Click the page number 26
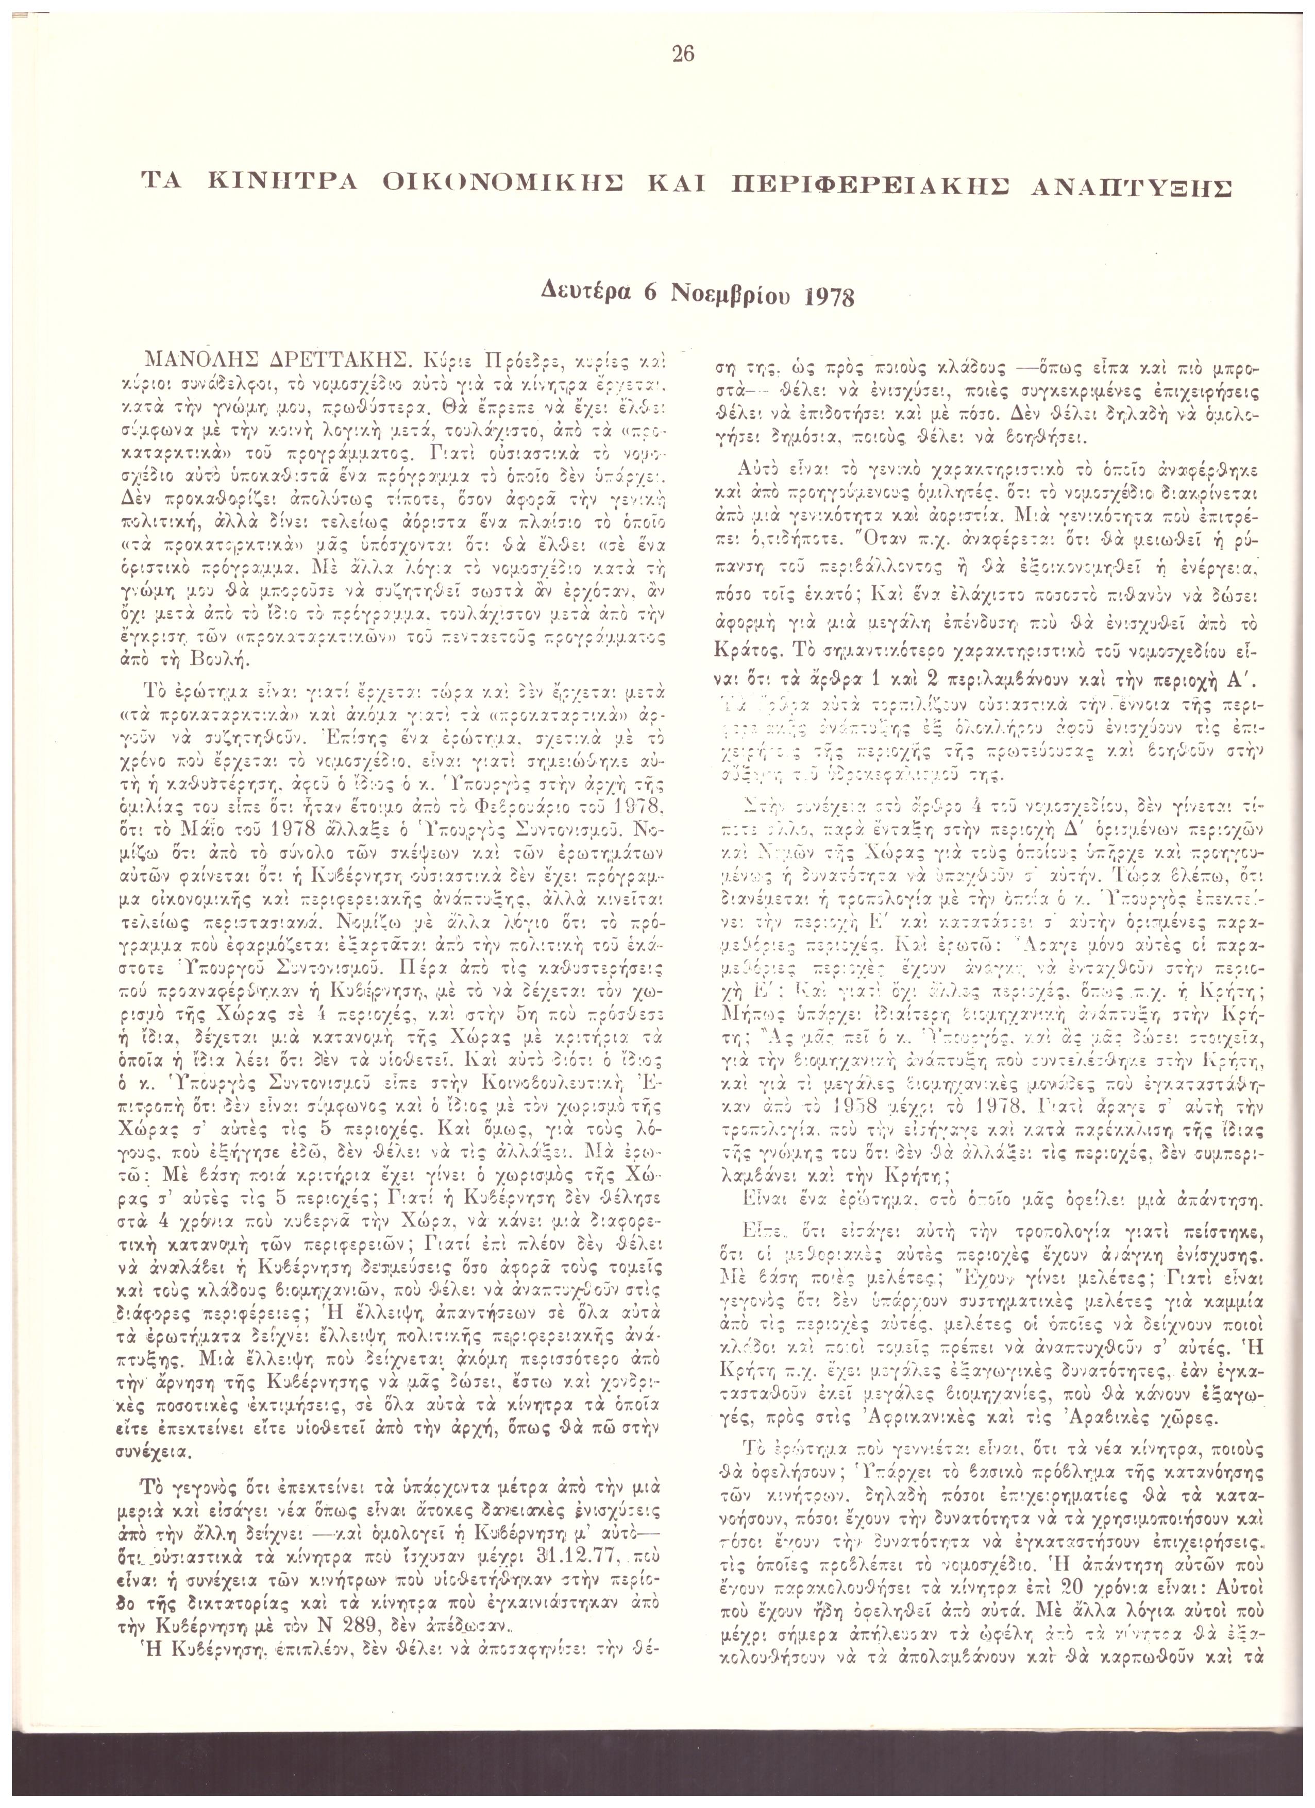(683, 54)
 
